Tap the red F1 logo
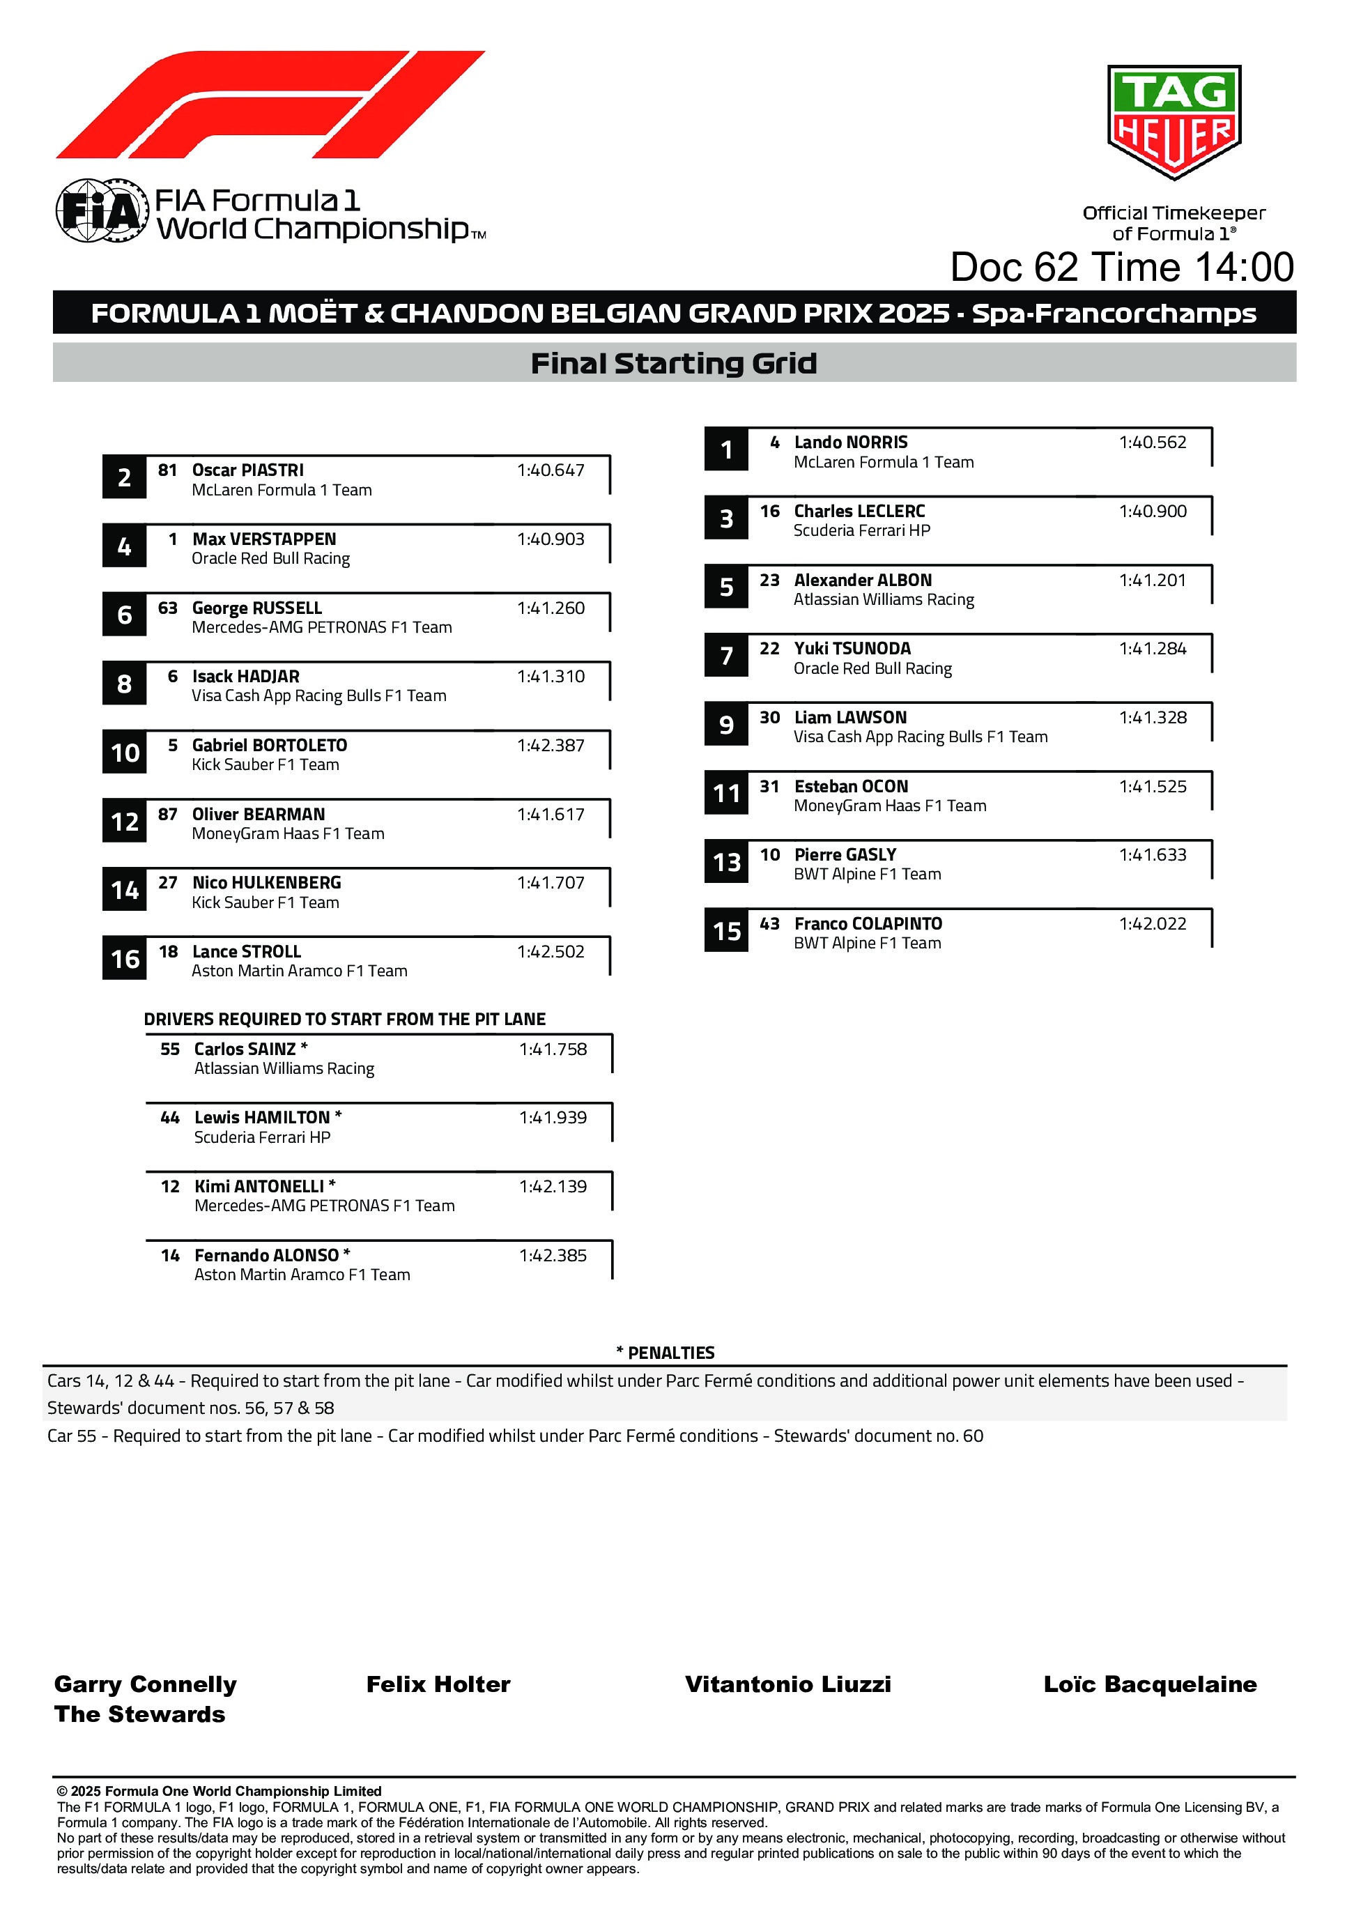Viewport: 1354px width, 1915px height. point(270,105)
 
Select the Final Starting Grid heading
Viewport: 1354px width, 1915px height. point(673,364)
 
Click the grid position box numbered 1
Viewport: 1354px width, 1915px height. point(726,450)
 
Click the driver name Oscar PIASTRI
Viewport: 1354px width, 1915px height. point(248,470)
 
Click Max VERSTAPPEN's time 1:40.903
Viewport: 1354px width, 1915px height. point(551,539)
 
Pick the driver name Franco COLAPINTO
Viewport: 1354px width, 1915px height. point(868,924)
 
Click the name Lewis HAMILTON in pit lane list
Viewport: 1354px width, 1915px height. point(262,1118)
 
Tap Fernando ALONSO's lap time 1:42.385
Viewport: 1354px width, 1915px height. point(553,1255)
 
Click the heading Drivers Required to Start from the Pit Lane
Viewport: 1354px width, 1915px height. point(344,1020)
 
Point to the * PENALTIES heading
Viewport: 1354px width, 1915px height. point(665,1353)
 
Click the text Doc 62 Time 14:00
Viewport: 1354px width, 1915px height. point(1121,268)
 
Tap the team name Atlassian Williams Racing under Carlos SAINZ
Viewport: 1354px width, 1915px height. point(284,1068)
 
